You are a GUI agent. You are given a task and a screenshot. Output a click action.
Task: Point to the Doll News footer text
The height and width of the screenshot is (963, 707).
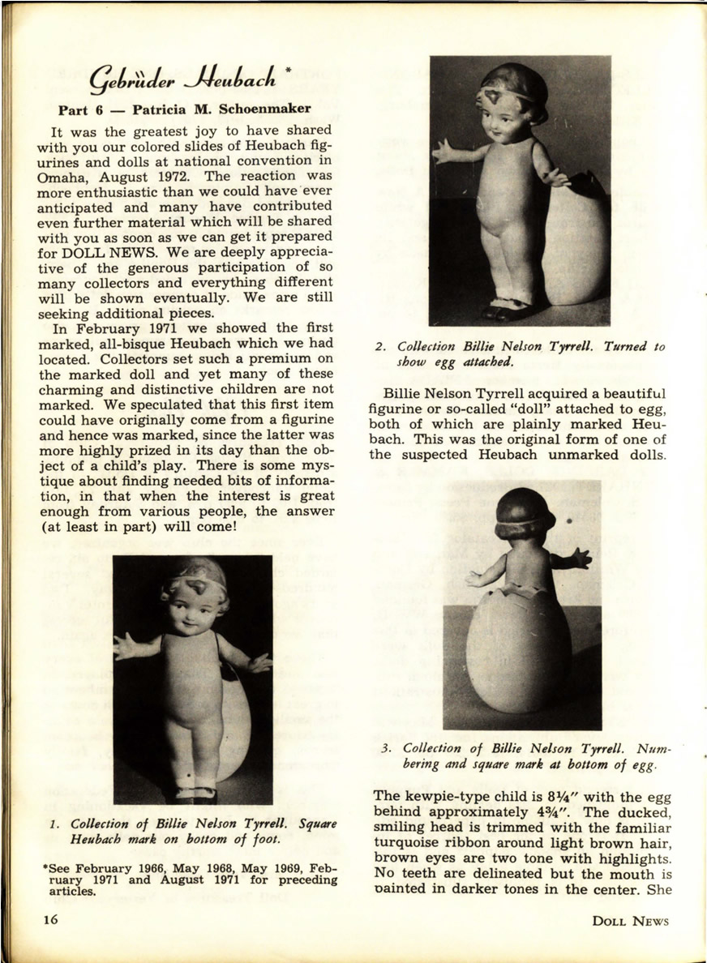[630, 920]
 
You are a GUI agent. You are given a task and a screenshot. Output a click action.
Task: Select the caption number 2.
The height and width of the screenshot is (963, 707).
[379, 347]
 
